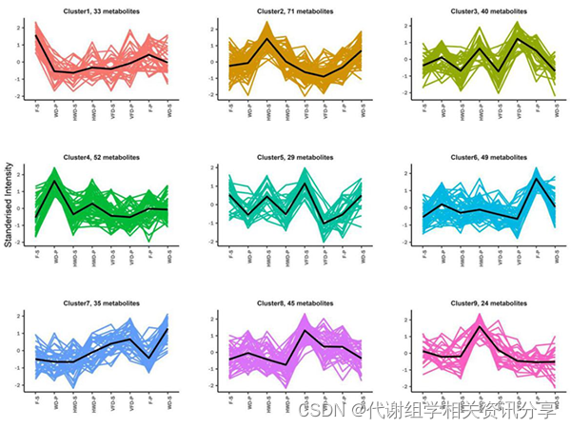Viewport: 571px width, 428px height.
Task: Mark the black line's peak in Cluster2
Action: point(269,39)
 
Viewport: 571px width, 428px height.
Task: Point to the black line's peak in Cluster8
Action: point(305,330)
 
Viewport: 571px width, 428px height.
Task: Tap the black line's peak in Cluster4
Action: point(54,180)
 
